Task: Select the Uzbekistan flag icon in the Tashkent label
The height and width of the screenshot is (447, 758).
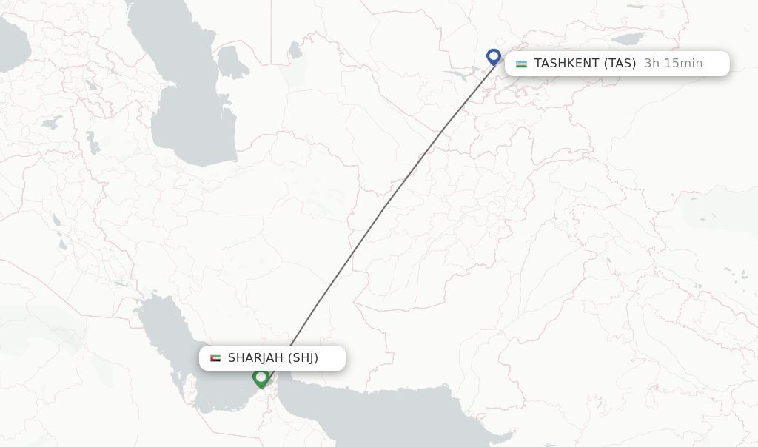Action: pos(522,64)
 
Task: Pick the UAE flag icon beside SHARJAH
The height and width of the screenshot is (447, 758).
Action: pos(215,358)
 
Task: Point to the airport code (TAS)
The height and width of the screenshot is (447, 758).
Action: pos(620,64)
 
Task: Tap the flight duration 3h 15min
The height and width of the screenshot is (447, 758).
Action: pos(673,64)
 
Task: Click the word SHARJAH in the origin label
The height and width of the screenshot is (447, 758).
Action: pos(255,358)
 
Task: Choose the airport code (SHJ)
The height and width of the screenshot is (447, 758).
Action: pos(303,358)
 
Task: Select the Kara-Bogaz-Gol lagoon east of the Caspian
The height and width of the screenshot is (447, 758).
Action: pos(232,64)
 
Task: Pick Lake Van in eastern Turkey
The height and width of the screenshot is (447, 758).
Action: pos(51,122)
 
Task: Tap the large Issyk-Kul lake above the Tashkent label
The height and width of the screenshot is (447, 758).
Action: pos(630,37)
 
